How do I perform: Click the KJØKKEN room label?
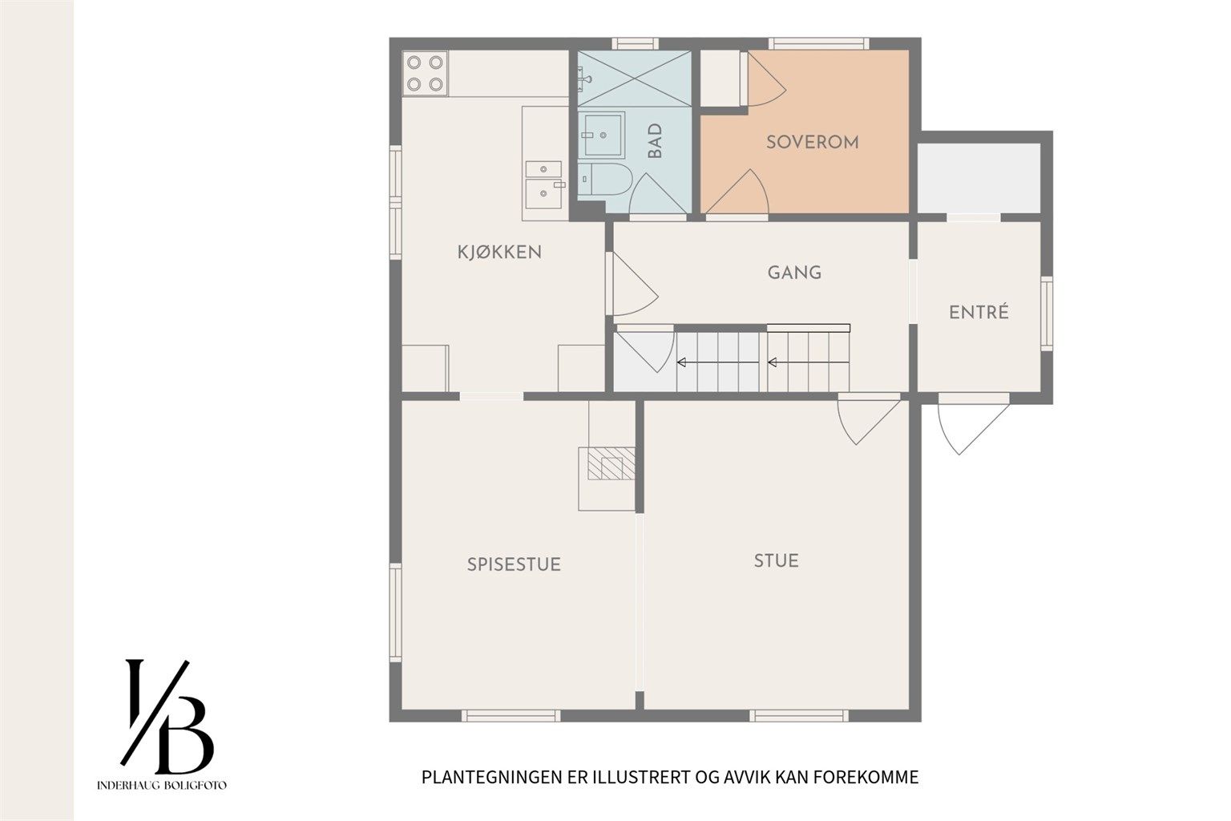pyautogui.click(x=499, y=253)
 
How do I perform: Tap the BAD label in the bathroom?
pyautogui.click(x=655, y=141)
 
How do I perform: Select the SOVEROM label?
pyautogui.click(x=812, y=143)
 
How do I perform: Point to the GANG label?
pyautogui.click(x=794, y=273)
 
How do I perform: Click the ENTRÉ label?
pyautogui.click(x=979, y=313)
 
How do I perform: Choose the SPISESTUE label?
pyautogui.click(x=514, y=564)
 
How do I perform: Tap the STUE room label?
pyautogui.click(x=776, y=561)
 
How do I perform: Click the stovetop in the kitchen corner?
pyautogui.click(x=425, y=73)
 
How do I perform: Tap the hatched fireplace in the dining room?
pyautogui.click(x=611, y=463)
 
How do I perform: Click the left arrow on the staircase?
pyautogui.click(x=718, y=362)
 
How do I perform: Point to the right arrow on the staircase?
pyautogui.click(x=809, y=362)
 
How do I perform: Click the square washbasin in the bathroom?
pyautogui.click(x=603, y=135)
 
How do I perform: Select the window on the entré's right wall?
pyautogui.click(x=1047, y=313)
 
